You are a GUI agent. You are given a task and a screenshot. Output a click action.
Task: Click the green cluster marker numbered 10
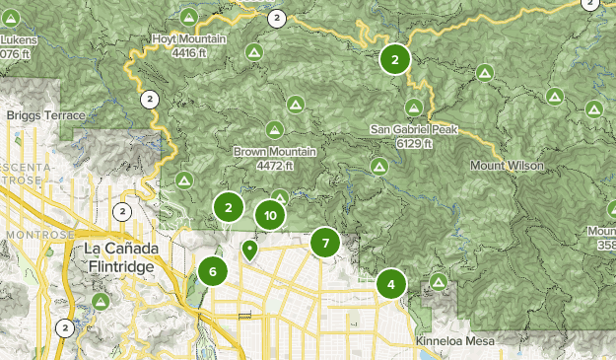pos(270,215)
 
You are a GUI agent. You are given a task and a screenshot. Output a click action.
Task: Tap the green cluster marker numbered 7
pos(325,243)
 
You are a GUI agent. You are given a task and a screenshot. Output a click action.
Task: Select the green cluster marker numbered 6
pos(212,271)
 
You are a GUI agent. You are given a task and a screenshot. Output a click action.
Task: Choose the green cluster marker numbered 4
pos(391,285)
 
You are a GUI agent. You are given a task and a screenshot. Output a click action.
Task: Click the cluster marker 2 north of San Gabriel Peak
pos(394,59)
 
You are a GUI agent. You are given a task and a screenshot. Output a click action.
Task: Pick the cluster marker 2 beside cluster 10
pos(229,207)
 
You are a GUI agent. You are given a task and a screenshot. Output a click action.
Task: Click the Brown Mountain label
pos(274,152)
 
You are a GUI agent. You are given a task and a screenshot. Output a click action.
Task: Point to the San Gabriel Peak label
pos(413,129)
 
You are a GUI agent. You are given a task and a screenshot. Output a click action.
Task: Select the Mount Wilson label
pos(507,166)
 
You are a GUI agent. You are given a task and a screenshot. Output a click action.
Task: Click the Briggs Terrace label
pos(45,115)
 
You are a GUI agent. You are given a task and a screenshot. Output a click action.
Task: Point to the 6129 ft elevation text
pos(414,143)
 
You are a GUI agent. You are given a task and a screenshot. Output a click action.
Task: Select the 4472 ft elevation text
pos(274,166)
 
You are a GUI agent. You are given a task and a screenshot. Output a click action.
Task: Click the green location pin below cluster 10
pos(250,251)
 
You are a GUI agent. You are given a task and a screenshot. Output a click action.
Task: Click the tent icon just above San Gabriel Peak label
pos(414,107)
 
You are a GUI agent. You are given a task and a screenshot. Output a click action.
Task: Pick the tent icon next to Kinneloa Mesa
pos(439,283)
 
